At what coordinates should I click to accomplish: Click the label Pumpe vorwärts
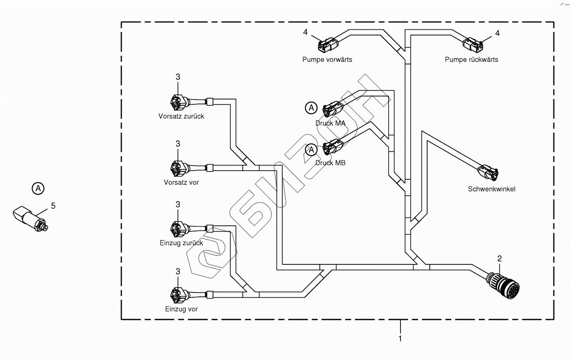click(327, 59)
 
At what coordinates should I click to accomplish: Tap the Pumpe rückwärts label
click(471, 59)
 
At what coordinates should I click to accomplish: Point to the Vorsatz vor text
click(181, 182)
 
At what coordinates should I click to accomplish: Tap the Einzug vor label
click(181, 309)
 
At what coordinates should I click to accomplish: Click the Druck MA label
click(330, 123)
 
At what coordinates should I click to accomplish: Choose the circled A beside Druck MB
click(311, 150)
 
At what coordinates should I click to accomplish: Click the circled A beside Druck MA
click(311, 107)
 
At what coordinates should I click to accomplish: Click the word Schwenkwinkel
click(492, 189)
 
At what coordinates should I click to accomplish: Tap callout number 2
click(499, 258)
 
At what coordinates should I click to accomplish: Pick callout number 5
click(53, 205)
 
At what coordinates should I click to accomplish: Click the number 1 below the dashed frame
click(400, 338)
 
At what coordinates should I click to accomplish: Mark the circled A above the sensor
click(39, 189)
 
